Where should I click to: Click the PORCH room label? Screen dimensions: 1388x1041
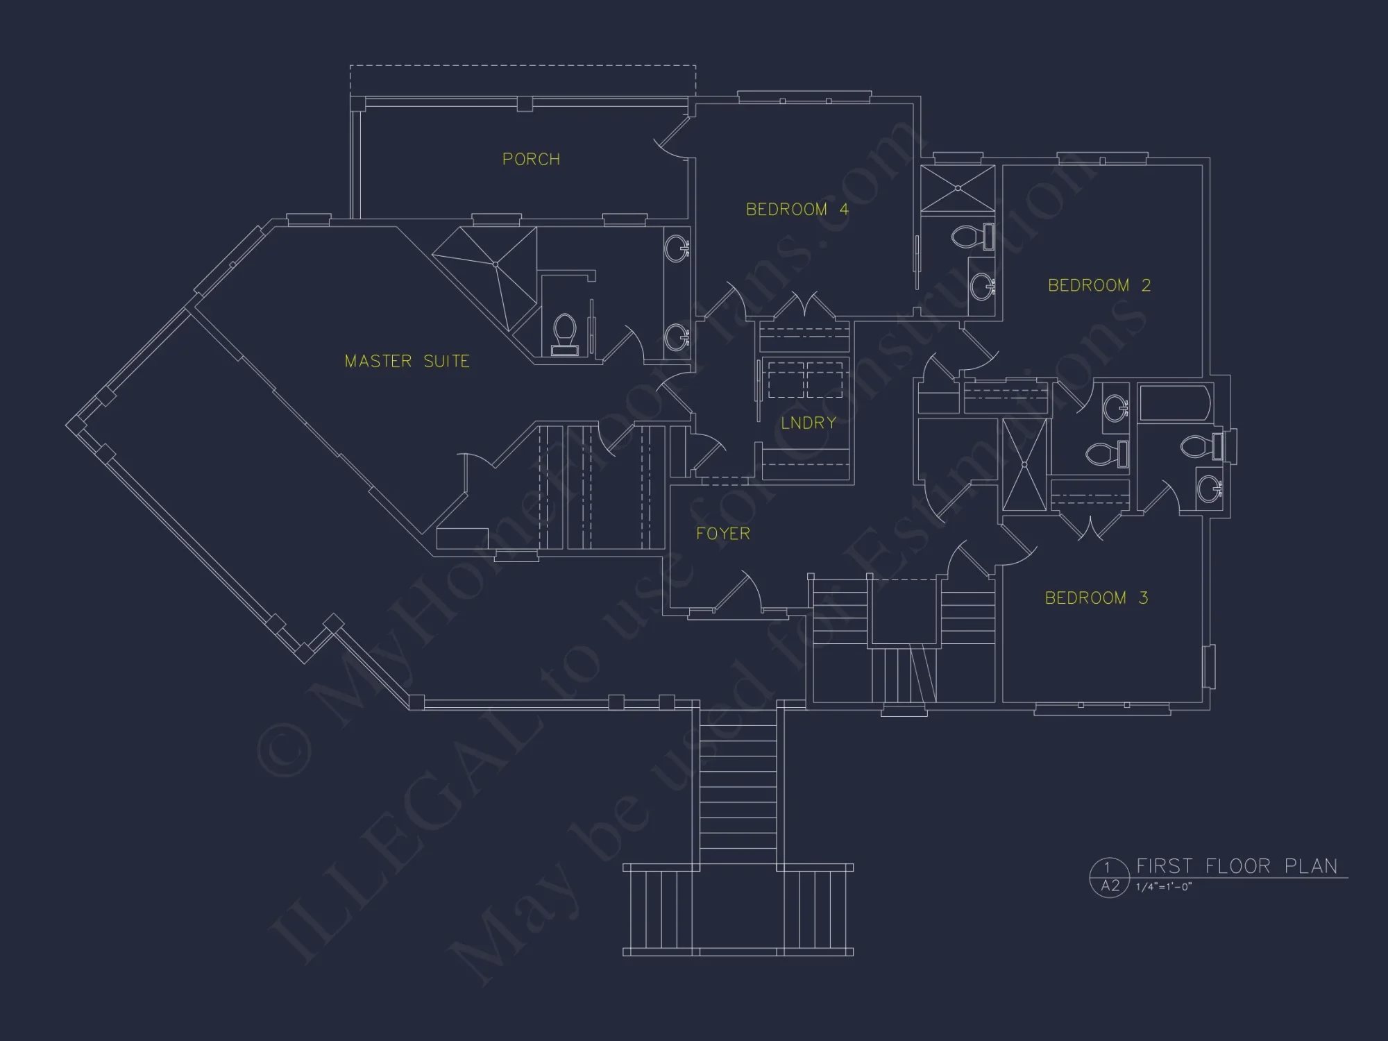pos(531,160)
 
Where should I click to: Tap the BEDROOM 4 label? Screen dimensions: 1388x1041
pos(797,210)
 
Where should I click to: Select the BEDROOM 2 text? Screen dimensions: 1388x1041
pos(1099,285)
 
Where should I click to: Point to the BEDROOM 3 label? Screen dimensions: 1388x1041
pos(1097,598)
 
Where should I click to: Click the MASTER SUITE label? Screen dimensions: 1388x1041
pos(407,361)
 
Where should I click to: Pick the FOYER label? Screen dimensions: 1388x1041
pos(723,534)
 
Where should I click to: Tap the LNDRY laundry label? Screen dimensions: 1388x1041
pos(809,423)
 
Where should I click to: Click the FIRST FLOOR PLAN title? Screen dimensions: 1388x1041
pos(1237,866)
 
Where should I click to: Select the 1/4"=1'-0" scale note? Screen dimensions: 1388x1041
pos(1164,887)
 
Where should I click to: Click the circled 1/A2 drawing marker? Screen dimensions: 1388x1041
pos(1110,877)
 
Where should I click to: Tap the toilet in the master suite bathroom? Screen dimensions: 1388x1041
pos(565,335)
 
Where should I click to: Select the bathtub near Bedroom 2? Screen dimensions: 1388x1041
pos(1176,403)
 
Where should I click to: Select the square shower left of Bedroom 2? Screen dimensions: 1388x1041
pos(958,188)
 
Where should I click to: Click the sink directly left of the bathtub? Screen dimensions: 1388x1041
pos(1116,408)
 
